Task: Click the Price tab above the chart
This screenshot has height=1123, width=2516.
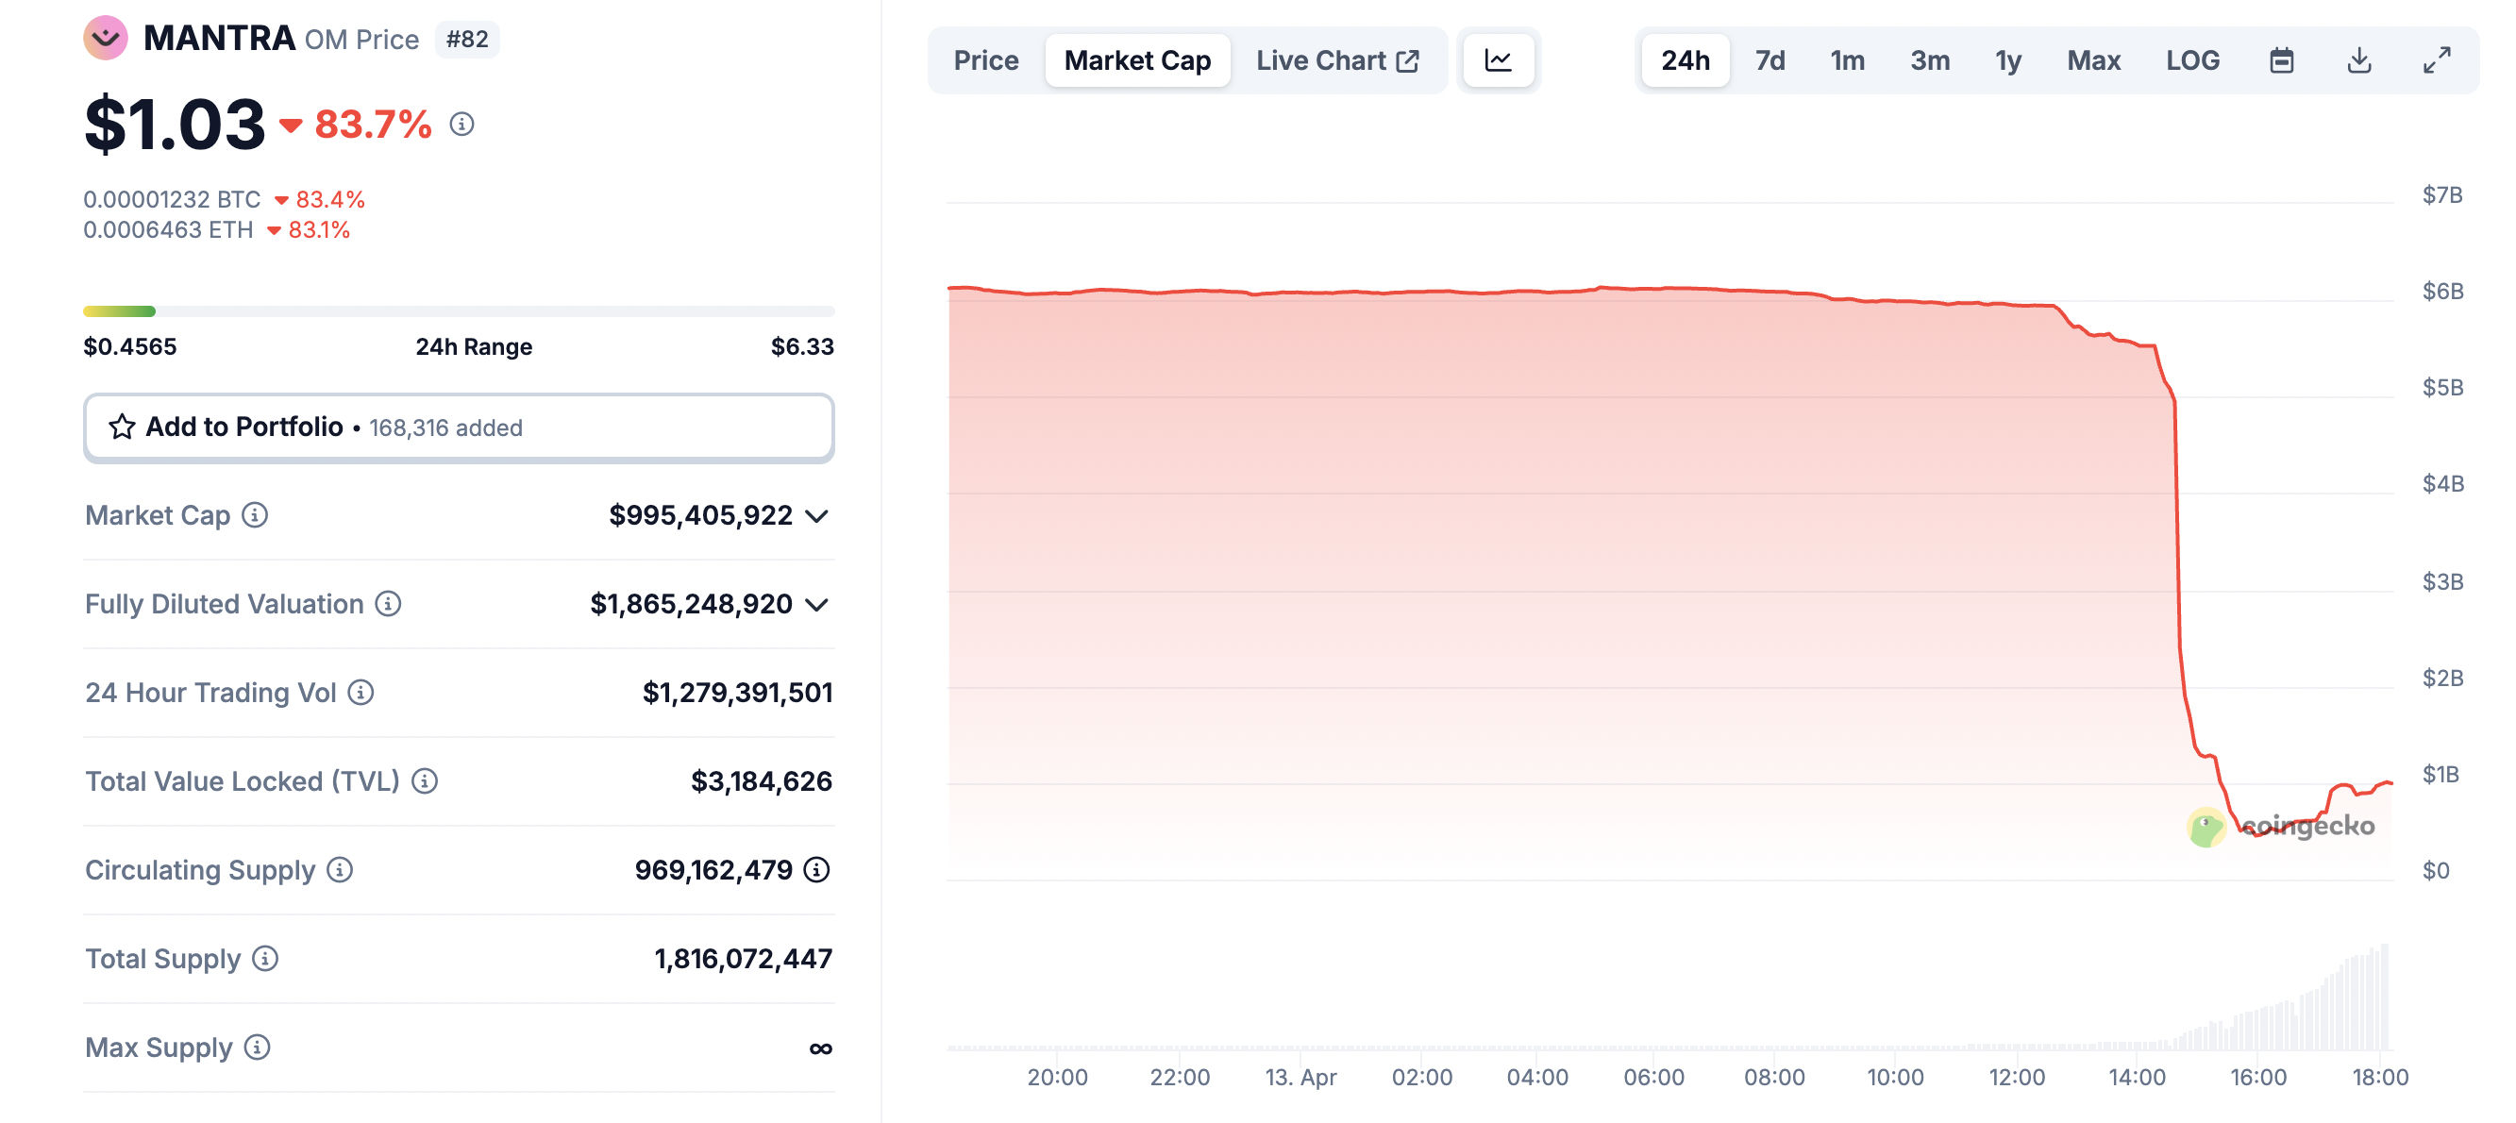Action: [x=985, y=60]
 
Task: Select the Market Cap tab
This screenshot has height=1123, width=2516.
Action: [x=1137, y=60]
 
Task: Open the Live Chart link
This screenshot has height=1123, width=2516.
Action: [x=1336, y=60]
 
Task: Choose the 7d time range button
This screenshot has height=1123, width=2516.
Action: [x=1769, y=60]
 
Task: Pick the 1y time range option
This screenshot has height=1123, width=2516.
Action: [x=2007, y=60]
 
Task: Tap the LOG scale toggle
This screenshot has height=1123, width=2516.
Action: [x=2191, y=60]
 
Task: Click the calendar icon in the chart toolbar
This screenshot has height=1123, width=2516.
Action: [x=2281, y=60]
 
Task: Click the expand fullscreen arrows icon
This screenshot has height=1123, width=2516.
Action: [x=2436, y=60]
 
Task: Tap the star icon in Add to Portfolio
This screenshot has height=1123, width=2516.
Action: [x=122, y=427]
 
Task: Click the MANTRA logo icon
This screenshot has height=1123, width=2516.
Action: [x=106, y=38]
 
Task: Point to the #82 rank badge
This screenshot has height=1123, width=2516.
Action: [x=467, y=39]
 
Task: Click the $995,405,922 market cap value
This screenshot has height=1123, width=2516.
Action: [x=700, y=515]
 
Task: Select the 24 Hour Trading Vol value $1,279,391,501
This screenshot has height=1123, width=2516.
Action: [x=736, y=693]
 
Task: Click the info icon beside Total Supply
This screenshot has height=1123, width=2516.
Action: [x=264, y=959]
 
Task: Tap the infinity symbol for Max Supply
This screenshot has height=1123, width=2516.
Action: [x=820, y=1048]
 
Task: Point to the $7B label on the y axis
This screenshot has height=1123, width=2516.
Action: [x=2441, y=195]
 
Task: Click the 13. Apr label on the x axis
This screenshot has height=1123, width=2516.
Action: [x=1300, y=1077]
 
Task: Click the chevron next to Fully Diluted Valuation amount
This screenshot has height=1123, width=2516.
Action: [x=816, y=605]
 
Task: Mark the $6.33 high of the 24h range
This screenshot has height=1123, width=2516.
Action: [x=802, y=346]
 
